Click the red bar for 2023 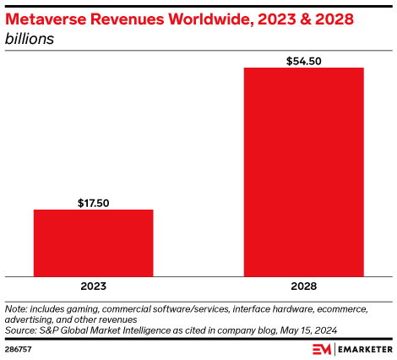pyautogui.click(x=93, y=243)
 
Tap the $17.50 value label pyautogui.click(x=93, y=203)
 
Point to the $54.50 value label pyautogui.click(x=304, y=60)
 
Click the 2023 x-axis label pyautogui.click(x=93, y=286)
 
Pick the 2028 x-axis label pyautogui.click(x=304, y=286)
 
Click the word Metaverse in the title pyautogui.click(x=46, y=18)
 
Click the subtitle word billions pyautogui.click(x=30, y=39)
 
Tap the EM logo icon pyautogui.click(x=321, y=348)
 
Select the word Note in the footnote pyautogui.click(x=15, y=309)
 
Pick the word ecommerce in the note pyautogui.click(x=358, y=309)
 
